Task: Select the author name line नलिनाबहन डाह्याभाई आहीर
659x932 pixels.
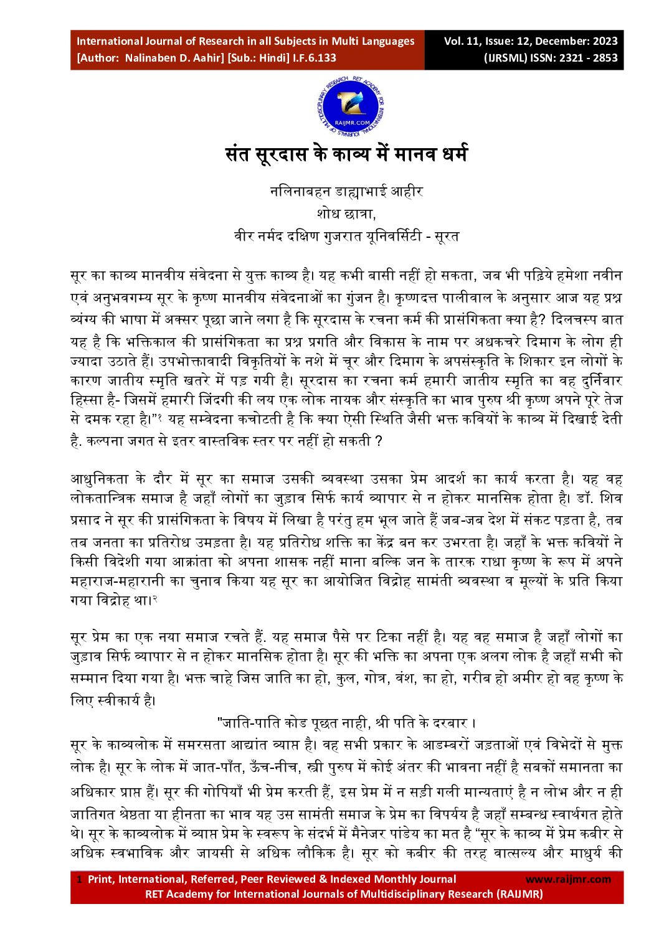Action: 346,192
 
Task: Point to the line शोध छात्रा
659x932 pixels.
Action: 346,214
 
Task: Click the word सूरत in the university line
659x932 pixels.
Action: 446,236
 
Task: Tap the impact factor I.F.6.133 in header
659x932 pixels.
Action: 315,58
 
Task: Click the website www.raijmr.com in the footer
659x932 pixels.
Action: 568,879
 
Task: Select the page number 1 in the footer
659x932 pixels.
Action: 79,880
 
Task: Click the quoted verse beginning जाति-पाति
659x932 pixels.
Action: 346,723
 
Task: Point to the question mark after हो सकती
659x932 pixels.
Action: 378,442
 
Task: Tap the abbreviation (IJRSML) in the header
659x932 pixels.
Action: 506,58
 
